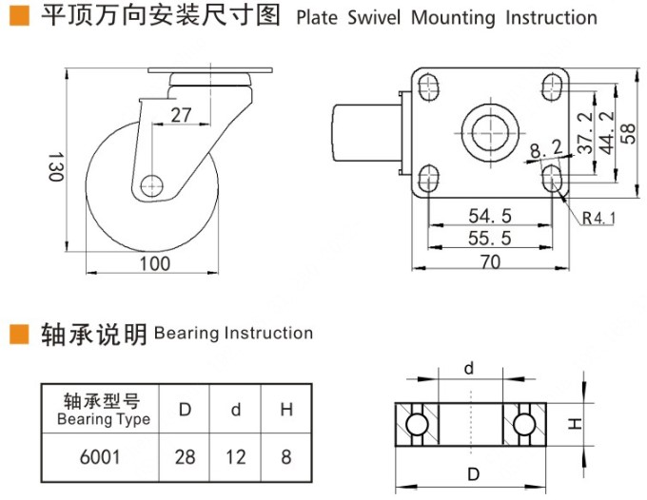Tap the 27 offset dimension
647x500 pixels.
tap(180, 114)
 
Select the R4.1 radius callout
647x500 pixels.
tap(599, 219)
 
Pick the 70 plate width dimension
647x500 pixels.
tap(490, 262)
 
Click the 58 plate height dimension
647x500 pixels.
tap(628, 133)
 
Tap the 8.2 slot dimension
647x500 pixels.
tap(545, 148)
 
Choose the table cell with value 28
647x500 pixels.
tap(186, 457)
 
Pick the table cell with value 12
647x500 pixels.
tap(236, 457)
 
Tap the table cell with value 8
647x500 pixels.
tap(285, 457)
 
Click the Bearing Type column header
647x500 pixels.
tap(103, 410)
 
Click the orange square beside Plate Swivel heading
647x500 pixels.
tap(16, 16)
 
